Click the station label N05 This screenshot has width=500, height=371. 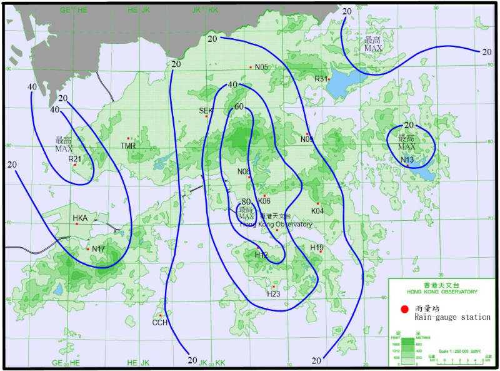tap(261, 67)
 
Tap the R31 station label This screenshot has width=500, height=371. tap(321, 79)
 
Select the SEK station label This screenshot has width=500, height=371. tap(206, 111)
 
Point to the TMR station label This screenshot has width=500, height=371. tap(127, 146)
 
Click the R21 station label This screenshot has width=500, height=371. tap(75, 159)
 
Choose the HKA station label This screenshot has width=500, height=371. tap(80, 218)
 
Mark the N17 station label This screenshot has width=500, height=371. tap(99, 249)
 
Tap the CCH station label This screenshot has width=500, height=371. tap(159, 323)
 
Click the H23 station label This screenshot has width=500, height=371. tap(273, 294)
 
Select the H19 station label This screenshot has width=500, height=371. tap(317, 248)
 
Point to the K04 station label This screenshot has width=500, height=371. tap(317, 211)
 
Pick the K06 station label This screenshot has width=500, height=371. tap(264, 201)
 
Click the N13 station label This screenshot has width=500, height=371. tap(407, 160)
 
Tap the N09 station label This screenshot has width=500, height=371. tap(307, 139)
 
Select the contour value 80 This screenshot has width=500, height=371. tap(246, 201)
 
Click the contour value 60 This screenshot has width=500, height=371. tap(239, 107)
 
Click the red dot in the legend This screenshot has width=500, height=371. tap(404, 309)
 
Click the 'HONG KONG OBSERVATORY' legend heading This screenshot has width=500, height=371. tap(442, 292)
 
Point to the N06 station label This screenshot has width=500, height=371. tap(244, 171)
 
